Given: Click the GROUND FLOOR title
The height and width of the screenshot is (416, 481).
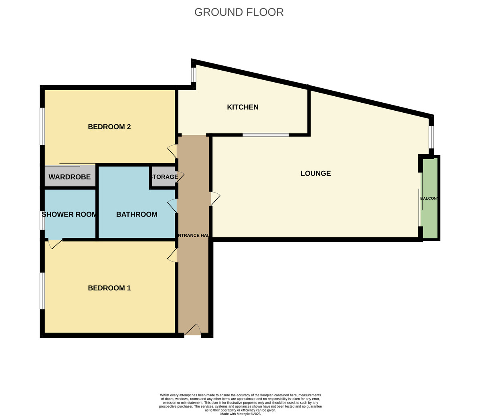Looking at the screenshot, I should (239, 12).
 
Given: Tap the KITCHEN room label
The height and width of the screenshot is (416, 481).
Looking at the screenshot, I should (243, 107).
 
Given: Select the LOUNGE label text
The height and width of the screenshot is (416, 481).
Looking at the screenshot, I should (315, 173).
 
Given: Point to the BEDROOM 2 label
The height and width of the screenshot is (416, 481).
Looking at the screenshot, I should (109, 127).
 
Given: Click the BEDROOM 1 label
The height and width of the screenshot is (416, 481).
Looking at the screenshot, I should (109, 288).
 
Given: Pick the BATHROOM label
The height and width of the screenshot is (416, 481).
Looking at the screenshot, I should (137, 214).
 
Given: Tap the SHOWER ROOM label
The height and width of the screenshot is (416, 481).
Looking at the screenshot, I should (69, 214).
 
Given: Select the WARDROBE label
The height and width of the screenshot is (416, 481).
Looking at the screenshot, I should (69, 177).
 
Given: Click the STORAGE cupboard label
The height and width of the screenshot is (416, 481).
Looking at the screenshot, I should (164, 177).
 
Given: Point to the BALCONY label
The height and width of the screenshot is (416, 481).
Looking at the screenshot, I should (429, 199).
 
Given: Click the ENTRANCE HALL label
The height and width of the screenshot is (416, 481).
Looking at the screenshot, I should (193, 235).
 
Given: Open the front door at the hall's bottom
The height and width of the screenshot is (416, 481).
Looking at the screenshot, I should (192, 330).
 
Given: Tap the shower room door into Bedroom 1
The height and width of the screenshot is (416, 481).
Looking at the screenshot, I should (55, 244).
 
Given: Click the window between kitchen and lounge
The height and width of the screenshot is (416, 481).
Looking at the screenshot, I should (265, 135).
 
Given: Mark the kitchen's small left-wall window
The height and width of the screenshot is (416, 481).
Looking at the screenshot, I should (193, 75).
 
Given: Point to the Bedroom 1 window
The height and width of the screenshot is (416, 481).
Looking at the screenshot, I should (42, 291).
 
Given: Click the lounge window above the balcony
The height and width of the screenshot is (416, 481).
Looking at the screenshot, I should (431, 137).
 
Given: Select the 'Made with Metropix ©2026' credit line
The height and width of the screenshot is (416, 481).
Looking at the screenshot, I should (240, 414).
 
